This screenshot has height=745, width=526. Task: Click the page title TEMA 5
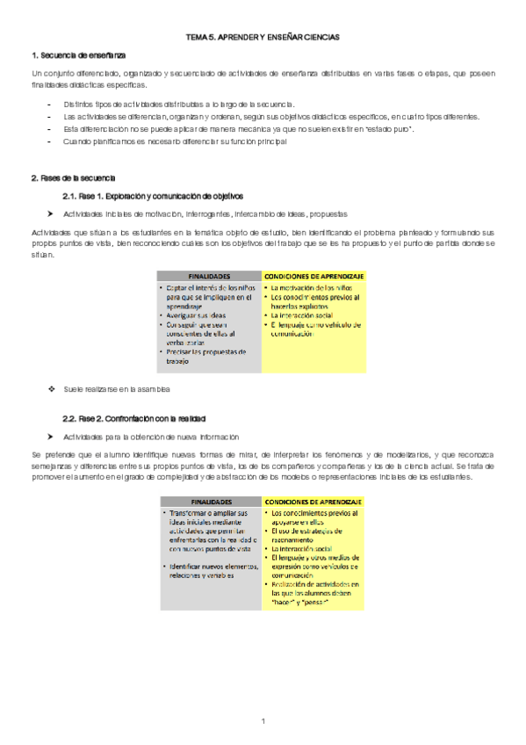point(263,38)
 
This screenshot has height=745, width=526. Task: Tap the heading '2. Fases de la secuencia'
point(67,178)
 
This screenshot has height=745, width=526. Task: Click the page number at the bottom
point(263,721)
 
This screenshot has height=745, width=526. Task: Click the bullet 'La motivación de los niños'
point(312,287)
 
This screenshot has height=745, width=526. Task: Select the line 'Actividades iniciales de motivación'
point(205,213)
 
